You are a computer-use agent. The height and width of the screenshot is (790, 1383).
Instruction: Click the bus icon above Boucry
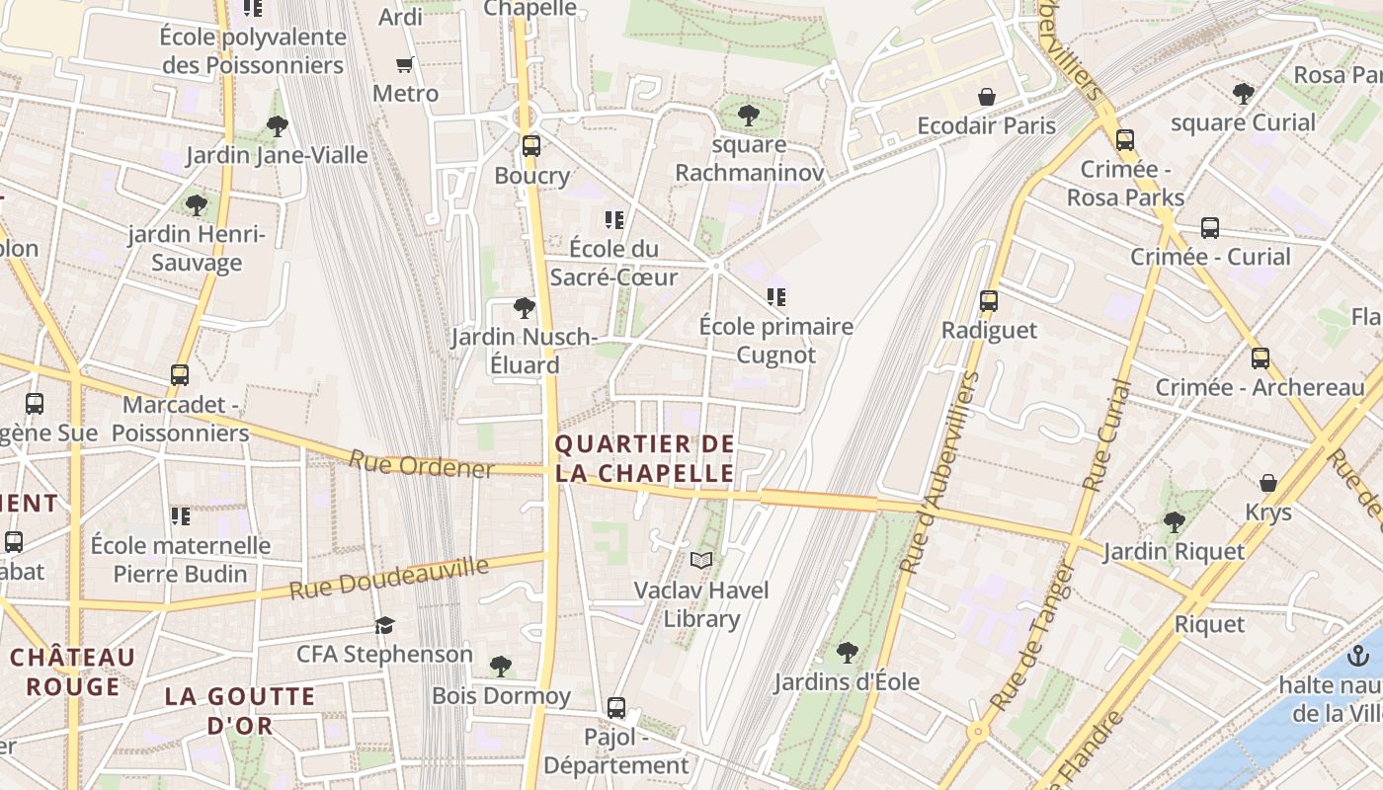[531, 146]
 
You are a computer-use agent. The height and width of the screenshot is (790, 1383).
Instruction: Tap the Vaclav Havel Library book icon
[701, 561]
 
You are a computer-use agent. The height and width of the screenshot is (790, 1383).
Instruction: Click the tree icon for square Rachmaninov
[749, 116]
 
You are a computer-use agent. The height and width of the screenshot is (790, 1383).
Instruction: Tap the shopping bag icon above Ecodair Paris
[986, 97]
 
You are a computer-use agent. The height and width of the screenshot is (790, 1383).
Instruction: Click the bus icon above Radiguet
[989, 301]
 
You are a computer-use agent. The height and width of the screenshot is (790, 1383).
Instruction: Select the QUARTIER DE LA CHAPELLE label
[645, 459]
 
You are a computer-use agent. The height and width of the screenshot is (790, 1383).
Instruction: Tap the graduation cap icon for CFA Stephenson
[384, 625]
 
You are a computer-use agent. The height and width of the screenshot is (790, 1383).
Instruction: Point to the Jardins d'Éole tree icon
[847, 652]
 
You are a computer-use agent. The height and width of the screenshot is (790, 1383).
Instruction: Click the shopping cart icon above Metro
[404, 65]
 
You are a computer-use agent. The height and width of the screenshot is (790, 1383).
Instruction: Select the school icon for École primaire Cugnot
[775, 296]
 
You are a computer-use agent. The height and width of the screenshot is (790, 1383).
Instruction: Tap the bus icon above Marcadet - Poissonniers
[179, 375]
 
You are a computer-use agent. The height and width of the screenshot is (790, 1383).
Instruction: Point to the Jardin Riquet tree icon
[1174, 521]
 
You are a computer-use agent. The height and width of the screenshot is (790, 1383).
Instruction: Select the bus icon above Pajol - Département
[616, 708]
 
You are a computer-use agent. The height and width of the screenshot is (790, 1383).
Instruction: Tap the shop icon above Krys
[1268, 483]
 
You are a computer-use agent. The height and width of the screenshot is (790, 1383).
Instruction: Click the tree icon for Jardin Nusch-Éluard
[525, 308]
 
